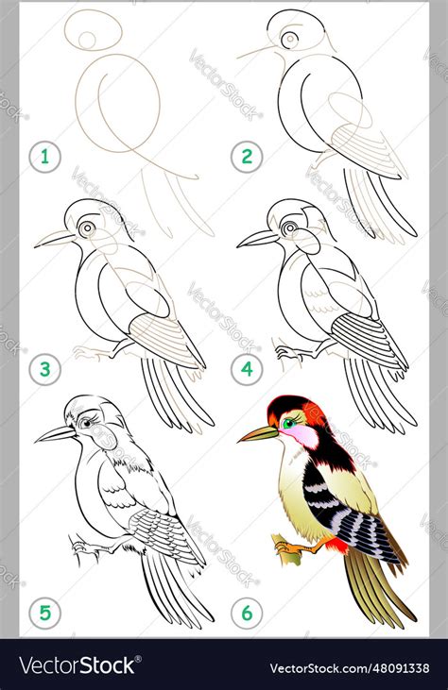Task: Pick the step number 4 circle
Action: [x=247, y=369]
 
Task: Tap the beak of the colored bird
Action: [x=258, y=433]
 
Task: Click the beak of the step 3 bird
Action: [x=55, y=239]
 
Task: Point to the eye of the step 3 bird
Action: [x=88, y=228]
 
